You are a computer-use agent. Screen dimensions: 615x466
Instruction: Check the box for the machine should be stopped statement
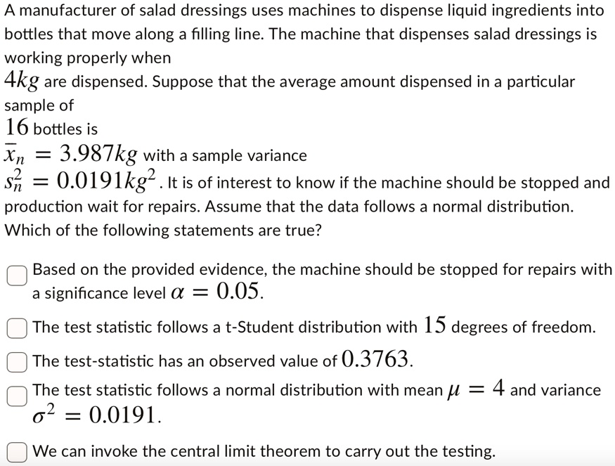coord(18,276)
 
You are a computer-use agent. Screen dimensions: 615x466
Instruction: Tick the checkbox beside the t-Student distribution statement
coord(18,328)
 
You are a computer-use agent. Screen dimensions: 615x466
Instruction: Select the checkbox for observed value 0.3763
coord(18,361)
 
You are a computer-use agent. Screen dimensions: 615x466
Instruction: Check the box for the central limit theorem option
coord(18,451)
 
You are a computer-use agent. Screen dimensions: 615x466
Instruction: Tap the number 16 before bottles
coord(18,128)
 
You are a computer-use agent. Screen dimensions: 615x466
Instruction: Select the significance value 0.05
coord(239,292)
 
